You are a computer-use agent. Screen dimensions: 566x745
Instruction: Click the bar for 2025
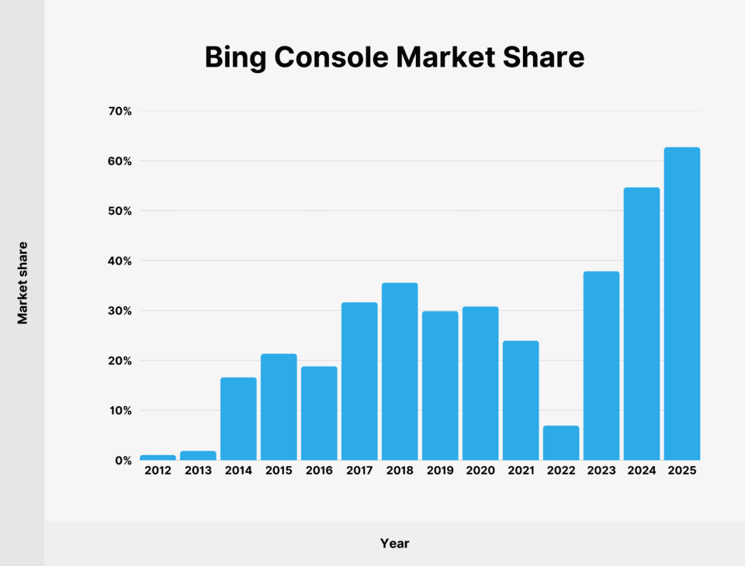coord(681,304)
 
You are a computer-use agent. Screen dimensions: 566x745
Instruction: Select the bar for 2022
coord(560,443)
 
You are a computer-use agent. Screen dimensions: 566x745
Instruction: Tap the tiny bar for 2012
coord(158,457)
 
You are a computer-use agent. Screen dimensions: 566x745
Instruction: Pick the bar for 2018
coord(400,371)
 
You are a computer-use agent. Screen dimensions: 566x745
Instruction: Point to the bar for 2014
coord(238,419)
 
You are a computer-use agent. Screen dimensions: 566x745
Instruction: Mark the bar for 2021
coord(520,400)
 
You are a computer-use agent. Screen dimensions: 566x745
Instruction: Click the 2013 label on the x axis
coord(198,471)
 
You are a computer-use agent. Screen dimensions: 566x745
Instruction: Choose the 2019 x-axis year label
coord(440,471)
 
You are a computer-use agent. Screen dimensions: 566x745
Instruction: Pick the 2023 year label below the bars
coord(601,471)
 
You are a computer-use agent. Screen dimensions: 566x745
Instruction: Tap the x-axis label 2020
coord(480,471)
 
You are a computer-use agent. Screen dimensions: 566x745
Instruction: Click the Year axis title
coord(394,544)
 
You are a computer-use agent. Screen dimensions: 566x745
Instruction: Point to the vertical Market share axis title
coord(23,283)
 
